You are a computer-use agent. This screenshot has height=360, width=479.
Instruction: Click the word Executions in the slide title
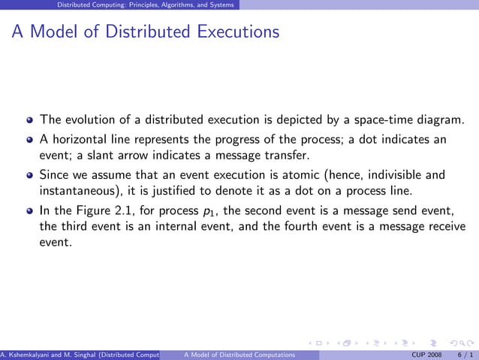tap(238, 32)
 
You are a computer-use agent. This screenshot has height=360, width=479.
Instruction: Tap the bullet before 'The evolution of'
tap(29, 119)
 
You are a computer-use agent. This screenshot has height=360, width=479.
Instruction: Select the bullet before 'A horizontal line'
tap(29, 140)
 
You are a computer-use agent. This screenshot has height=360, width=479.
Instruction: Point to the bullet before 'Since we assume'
tap(29, 175)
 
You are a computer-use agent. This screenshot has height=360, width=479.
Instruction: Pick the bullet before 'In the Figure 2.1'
tap(29, 211)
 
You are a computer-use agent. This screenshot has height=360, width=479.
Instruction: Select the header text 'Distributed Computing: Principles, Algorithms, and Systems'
tap(149, 5)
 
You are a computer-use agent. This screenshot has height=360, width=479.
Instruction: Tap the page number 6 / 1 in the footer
tap(464, 354)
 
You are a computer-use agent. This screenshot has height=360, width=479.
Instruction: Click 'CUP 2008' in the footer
tap(428, 354)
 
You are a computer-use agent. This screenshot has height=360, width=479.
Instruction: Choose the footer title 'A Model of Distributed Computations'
tap(230, 354)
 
